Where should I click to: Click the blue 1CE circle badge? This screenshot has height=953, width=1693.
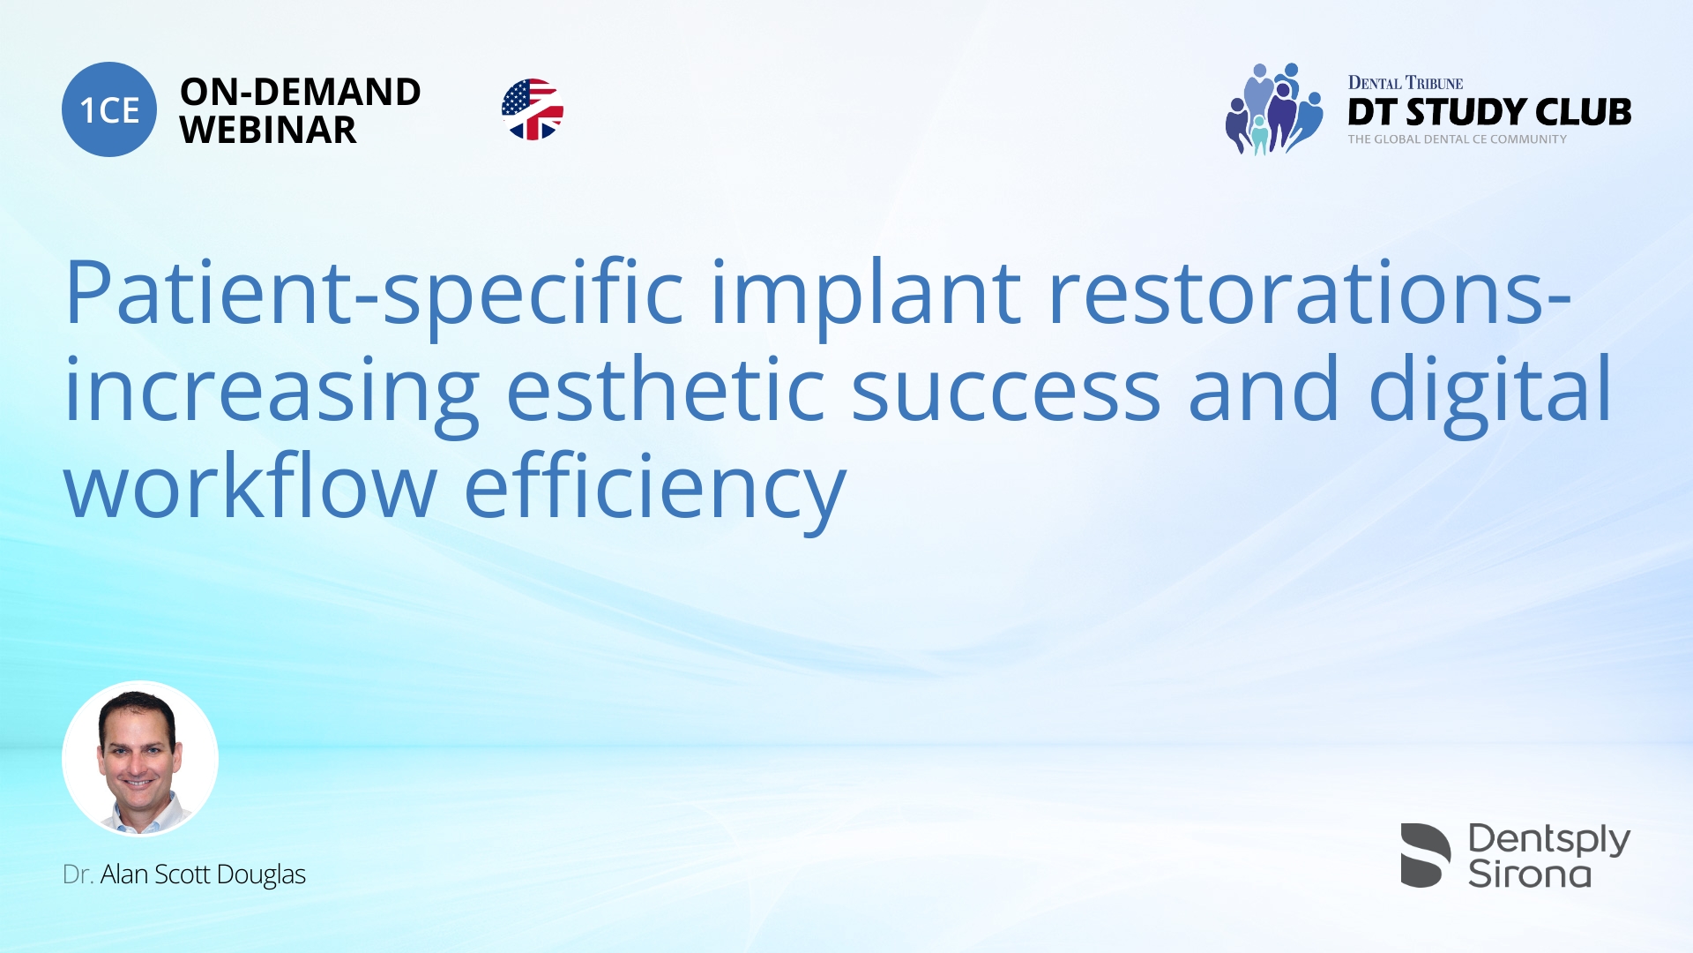coord(109,109)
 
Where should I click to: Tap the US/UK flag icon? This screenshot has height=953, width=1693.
coord(533,109)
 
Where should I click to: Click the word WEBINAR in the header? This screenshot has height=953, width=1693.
coord(268,131)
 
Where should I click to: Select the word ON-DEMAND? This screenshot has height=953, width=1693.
coord(301,92)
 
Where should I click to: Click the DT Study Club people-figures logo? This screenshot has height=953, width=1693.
coord(1274,109)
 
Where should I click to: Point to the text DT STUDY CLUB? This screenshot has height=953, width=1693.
coord(1489,112)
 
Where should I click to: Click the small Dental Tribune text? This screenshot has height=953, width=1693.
coord(1406,83)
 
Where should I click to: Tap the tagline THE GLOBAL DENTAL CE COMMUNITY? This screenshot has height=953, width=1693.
coord(1457,139)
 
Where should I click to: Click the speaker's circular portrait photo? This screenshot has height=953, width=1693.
coord(140,759)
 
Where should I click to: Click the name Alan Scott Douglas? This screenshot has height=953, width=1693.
coord(203,874)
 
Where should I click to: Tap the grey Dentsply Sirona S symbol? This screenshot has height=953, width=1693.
coord(1426,855)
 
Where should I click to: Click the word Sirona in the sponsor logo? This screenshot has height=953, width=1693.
coord(1530,874)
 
